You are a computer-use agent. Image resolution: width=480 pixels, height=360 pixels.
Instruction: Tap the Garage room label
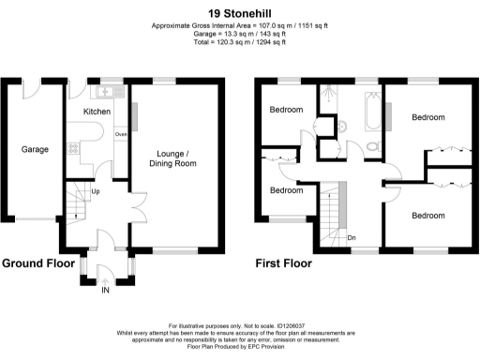pos(36,148)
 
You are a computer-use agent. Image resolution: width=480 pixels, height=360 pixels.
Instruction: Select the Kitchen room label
pos(97,112)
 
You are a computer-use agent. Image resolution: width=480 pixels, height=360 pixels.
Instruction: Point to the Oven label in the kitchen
pos(120,134)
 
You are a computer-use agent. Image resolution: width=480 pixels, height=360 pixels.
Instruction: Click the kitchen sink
pos(103,92)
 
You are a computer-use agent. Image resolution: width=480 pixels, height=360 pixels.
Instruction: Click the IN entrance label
pos(105,292)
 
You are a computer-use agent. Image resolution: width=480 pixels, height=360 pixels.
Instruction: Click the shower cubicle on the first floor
pos(329,97)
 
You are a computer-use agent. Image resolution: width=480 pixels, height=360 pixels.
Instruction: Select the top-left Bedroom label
pos(287,110)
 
